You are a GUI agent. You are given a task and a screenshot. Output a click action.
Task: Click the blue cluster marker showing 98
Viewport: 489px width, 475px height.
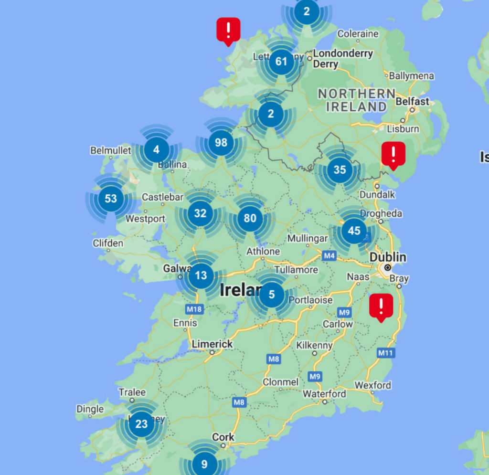pos(221,142)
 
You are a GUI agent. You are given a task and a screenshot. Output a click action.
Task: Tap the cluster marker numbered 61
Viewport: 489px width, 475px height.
pos(281,62)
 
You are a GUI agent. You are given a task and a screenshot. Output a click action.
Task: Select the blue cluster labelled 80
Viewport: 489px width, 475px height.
pos(250,218)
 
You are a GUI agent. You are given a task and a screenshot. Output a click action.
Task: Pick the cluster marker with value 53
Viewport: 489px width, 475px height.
pos(110,198)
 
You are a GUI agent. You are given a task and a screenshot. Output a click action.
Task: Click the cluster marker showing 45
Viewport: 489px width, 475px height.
pos(354,231)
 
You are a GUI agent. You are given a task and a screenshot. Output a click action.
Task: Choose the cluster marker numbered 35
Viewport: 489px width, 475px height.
pos(340,169)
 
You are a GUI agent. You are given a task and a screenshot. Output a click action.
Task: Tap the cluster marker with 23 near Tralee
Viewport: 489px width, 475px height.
pos(141,424)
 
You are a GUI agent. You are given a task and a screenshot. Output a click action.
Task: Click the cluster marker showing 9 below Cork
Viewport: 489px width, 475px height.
pos(204,464)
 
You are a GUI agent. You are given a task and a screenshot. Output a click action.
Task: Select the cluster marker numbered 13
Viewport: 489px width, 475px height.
pos(201,275)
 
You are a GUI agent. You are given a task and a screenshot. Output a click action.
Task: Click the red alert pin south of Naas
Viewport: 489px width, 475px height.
pos(381,306)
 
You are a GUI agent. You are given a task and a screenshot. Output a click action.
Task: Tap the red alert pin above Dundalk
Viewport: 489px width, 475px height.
pos(393,154)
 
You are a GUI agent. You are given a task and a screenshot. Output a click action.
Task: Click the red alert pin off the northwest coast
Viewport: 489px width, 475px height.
pos(228,30)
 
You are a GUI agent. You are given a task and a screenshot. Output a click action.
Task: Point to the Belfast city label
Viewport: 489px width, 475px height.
pos(413,101)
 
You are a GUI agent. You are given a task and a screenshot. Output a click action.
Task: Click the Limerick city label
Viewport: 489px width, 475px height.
pos(213,344)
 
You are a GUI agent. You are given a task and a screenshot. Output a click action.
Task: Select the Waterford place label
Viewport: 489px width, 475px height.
pos(324,394)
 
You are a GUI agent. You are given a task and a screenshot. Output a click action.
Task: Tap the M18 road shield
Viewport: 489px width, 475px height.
pos(194,309)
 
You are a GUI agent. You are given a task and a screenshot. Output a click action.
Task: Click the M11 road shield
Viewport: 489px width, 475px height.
pos(385,353)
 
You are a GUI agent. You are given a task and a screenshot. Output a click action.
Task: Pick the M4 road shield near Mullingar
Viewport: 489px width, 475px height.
pos(329,256)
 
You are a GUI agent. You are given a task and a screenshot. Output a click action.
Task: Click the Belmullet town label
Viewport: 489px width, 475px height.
pos(110,150)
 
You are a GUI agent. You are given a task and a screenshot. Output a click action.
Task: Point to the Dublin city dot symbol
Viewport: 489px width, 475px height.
pos(388,268)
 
